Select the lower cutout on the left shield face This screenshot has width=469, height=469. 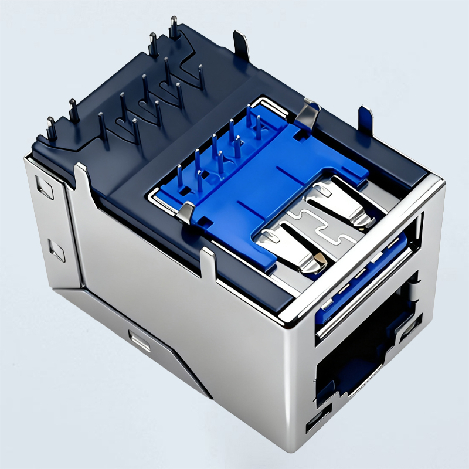pyautogui.click(x=57, y=251)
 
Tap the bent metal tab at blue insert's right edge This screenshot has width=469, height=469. pyautogui.click(x=308, y=114)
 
